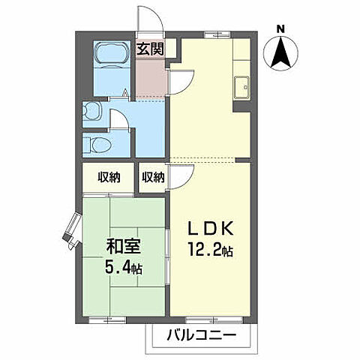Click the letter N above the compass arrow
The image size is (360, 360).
(x=280, y=29)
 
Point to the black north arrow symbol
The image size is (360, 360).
(x=280, y=54)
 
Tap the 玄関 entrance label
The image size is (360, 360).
(x=148, y=50)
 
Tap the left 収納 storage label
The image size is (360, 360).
(x=109, y=178)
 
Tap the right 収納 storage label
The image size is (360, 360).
(x=153, y=178)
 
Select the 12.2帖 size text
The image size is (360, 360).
(x=211, y=250)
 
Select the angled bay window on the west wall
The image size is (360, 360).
(x=73, y=229)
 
